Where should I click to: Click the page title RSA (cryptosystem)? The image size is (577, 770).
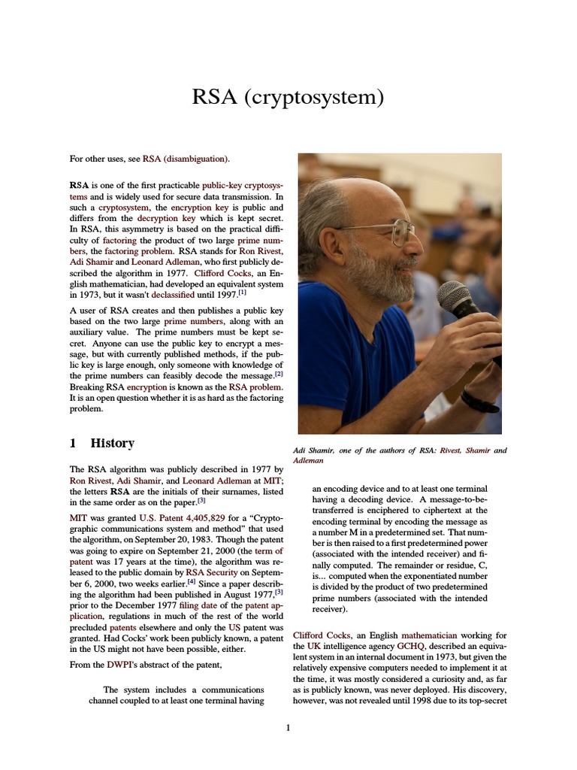pyautogui.click(x=288, y=98)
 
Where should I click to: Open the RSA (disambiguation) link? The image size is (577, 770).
pyautogui.click(x=186, y=159)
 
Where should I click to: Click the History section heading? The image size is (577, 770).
pyautogui.click(x=112, y=444)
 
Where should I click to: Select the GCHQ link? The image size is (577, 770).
pyautogui.click(x=411, y=645)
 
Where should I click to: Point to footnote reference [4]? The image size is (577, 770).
pyautogui.click(x=192, y=581)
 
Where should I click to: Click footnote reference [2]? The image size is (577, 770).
pyautogui.click(x=279, y=374)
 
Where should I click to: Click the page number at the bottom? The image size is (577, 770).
pyautogui.click(x=288, y=727)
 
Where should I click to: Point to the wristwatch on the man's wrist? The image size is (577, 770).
pyautogui.click(x=479, y=401)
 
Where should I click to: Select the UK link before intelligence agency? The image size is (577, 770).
pyautogui.click(x=300, y=645)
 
